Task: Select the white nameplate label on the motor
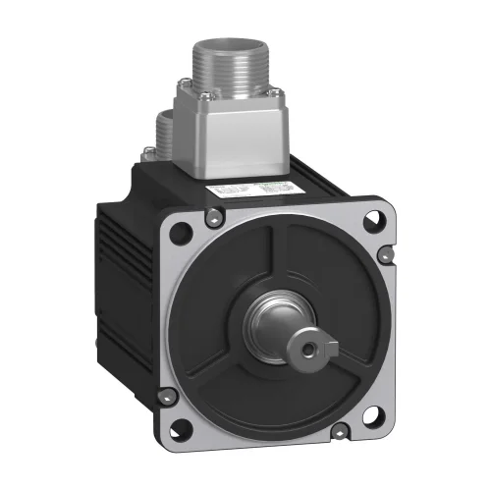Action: point(265,189)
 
